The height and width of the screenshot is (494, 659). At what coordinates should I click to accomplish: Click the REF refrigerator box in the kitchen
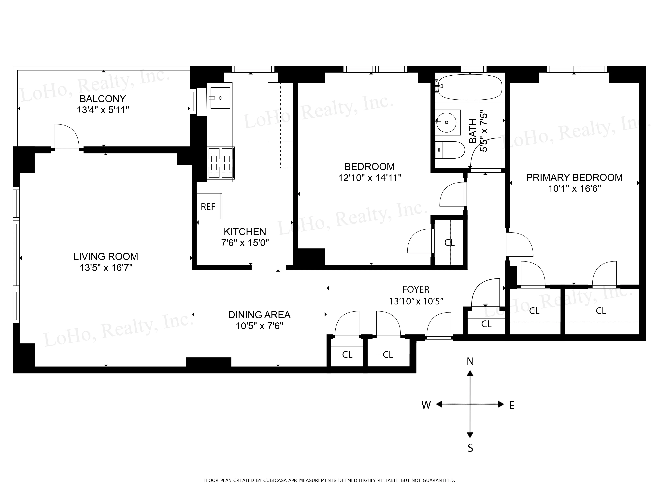209,207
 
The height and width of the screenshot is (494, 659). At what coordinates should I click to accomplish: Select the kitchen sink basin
220,98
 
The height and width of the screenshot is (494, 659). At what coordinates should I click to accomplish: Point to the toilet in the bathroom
451,150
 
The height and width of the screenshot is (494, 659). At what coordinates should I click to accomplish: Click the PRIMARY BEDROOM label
574,178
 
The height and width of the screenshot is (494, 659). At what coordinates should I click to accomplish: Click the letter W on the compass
426,405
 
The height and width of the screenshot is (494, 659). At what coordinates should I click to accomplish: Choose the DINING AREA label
259,315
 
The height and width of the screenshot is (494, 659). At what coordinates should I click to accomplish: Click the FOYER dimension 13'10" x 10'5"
416,301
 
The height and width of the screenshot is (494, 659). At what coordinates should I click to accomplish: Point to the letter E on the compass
512,406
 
